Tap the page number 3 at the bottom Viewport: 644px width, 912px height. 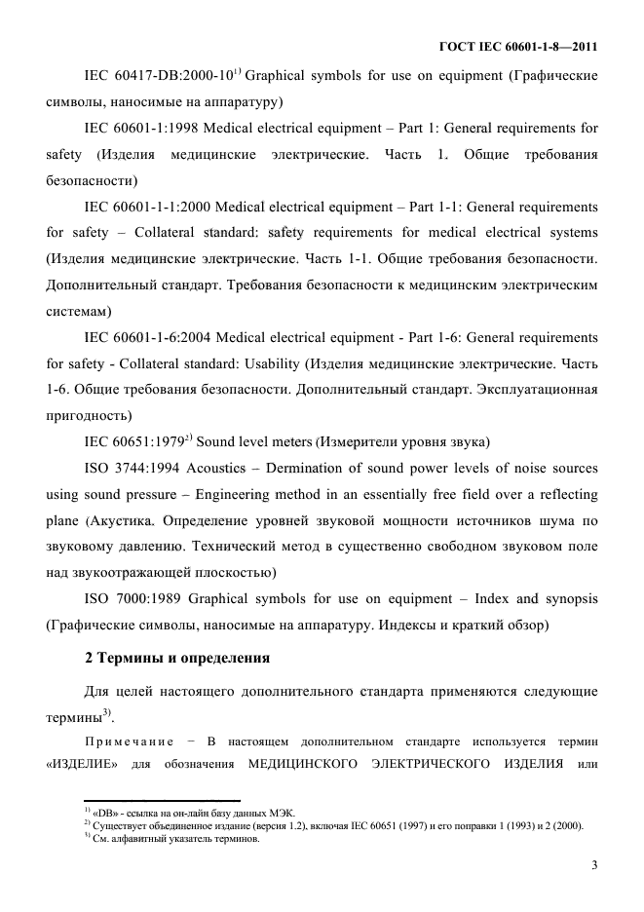coord(593,864)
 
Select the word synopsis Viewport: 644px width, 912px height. coord(568,599)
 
